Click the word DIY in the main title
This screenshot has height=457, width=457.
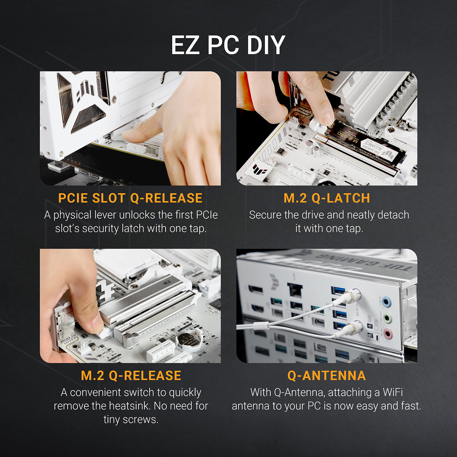[x=266, y=45]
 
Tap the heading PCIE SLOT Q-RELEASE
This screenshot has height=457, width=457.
[x=130, y=198]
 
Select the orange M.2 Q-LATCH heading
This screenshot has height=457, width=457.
[x=327, y=198]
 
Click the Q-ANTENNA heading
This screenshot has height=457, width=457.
[x=327, y=375]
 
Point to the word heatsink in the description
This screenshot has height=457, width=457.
[x=129, y=406]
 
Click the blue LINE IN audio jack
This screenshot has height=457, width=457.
[x=387, y=302]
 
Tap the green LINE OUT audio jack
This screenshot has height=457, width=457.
[x=387, y=318]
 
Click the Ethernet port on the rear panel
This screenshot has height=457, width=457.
[x=295, y=290]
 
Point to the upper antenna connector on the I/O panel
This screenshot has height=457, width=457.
[x=355, y=295]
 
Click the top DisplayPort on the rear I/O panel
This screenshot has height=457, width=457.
[x=256, y=290]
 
